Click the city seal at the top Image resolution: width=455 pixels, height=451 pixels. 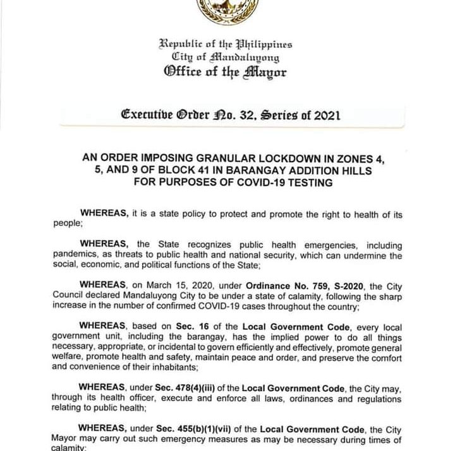[227, 11]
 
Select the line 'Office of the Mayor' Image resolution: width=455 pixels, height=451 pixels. [226, 72]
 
